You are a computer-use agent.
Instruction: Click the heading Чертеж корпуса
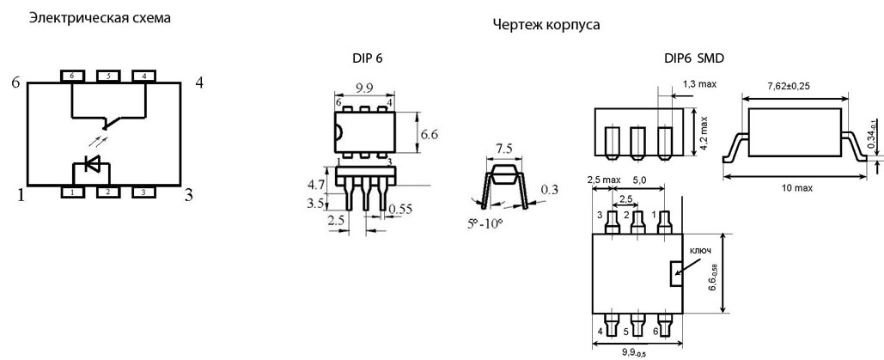coord(546,26)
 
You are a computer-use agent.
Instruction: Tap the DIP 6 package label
coord(368,58)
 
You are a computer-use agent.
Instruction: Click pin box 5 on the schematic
coord(107,76)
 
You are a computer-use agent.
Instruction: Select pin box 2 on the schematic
coord(107,192)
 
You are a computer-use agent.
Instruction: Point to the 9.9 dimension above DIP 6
coord(363,88)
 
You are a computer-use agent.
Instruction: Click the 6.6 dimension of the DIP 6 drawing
coord(429,135)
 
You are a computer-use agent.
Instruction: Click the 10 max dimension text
coord(795,187)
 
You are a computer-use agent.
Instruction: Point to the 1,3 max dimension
coord(700,83)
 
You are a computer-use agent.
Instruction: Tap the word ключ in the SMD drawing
coord(700,252)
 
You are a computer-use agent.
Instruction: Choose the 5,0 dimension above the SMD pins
coord(642,181)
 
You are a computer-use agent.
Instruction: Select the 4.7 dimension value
coord(317,184)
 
